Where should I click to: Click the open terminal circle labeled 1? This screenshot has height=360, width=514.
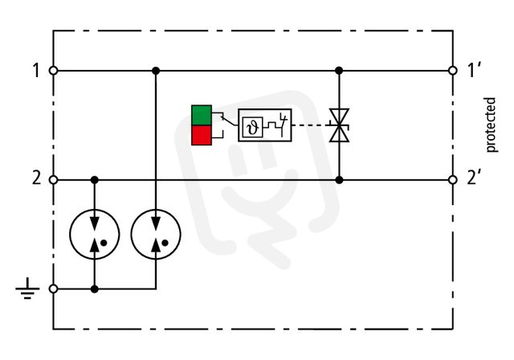click(53, 71)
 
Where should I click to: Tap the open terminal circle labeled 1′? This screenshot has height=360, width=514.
click(453, 71)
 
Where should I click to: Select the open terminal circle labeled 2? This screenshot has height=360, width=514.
click(53, 180)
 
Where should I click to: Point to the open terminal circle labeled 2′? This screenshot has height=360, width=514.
click(453, 180)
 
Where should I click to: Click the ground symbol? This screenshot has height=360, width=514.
click(27, 289)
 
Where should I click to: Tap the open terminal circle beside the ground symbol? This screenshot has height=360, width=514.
click(53, 288)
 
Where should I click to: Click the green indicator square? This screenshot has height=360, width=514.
click(202, 115)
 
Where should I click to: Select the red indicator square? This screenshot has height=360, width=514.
click(202, 135)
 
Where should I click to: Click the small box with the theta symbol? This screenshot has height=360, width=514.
click(253, 127)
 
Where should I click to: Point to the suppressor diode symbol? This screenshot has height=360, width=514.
click(339, 125)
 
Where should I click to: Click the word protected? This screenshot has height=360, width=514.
click(491, 125)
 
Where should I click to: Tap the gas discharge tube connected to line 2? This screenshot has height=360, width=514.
click(95, 234)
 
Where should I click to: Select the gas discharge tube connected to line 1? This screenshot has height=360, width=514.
click(156, 234)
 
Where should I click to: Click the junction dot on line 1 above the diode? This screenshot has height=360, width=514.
click(339, 71)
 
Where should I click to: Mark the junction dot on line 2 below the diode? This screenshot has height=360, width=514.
click(339, 180)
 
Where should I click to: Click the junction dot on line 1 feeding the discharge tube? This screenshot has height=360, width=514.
click(156, 71)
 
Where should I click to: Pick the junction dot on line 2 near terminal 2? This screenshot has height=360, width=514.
click(95, 180)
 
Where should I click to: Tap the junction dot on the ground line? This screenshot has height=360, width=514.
click(95, 288)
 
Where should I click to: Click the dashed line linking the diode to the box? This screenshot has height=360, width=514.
click(311, 125)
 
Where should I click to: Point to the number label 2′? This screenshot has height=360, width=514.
click(473, 178)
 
